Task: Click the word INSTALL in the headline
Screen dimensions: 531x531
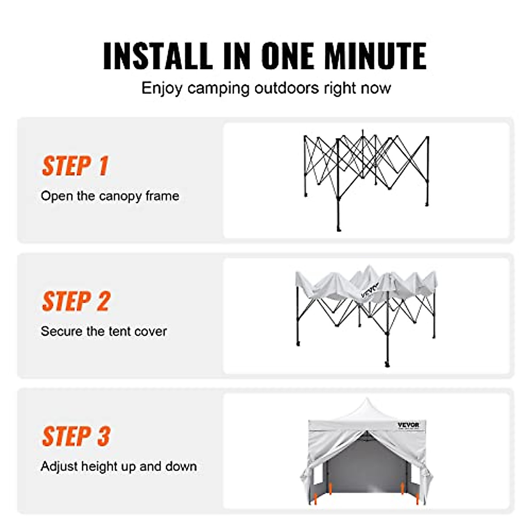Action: pos(158,56)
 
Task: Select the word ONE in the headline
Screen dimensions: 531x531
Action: pos(288,56)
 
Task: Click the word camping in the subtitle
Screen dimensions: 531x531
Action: pos(219,88)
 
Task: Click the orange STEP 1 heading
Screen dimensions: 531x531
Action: pos(75,166)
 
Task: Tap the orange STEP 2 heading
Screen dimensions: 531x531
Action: pos(76,302)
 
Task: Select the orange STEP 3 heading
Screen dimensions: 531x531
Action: pos(76,437)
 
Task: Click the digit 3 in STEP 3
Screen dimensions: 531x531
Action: pos(103,437)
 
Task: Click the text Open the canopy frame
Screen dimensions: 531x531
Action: pos(110,196)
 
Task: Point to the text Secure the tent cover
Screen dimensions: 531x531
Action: pos(104,331)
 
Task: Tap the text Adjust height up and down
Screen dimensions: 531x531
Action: pos(119,466)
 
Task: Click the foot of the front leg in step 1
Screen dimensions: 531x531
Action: pos(339,228)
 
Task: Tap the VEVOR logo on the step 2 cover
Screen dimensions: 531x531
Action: pos(370,290)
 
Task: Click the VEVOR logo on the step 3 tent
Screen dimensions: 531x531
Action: pos(408,425)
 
